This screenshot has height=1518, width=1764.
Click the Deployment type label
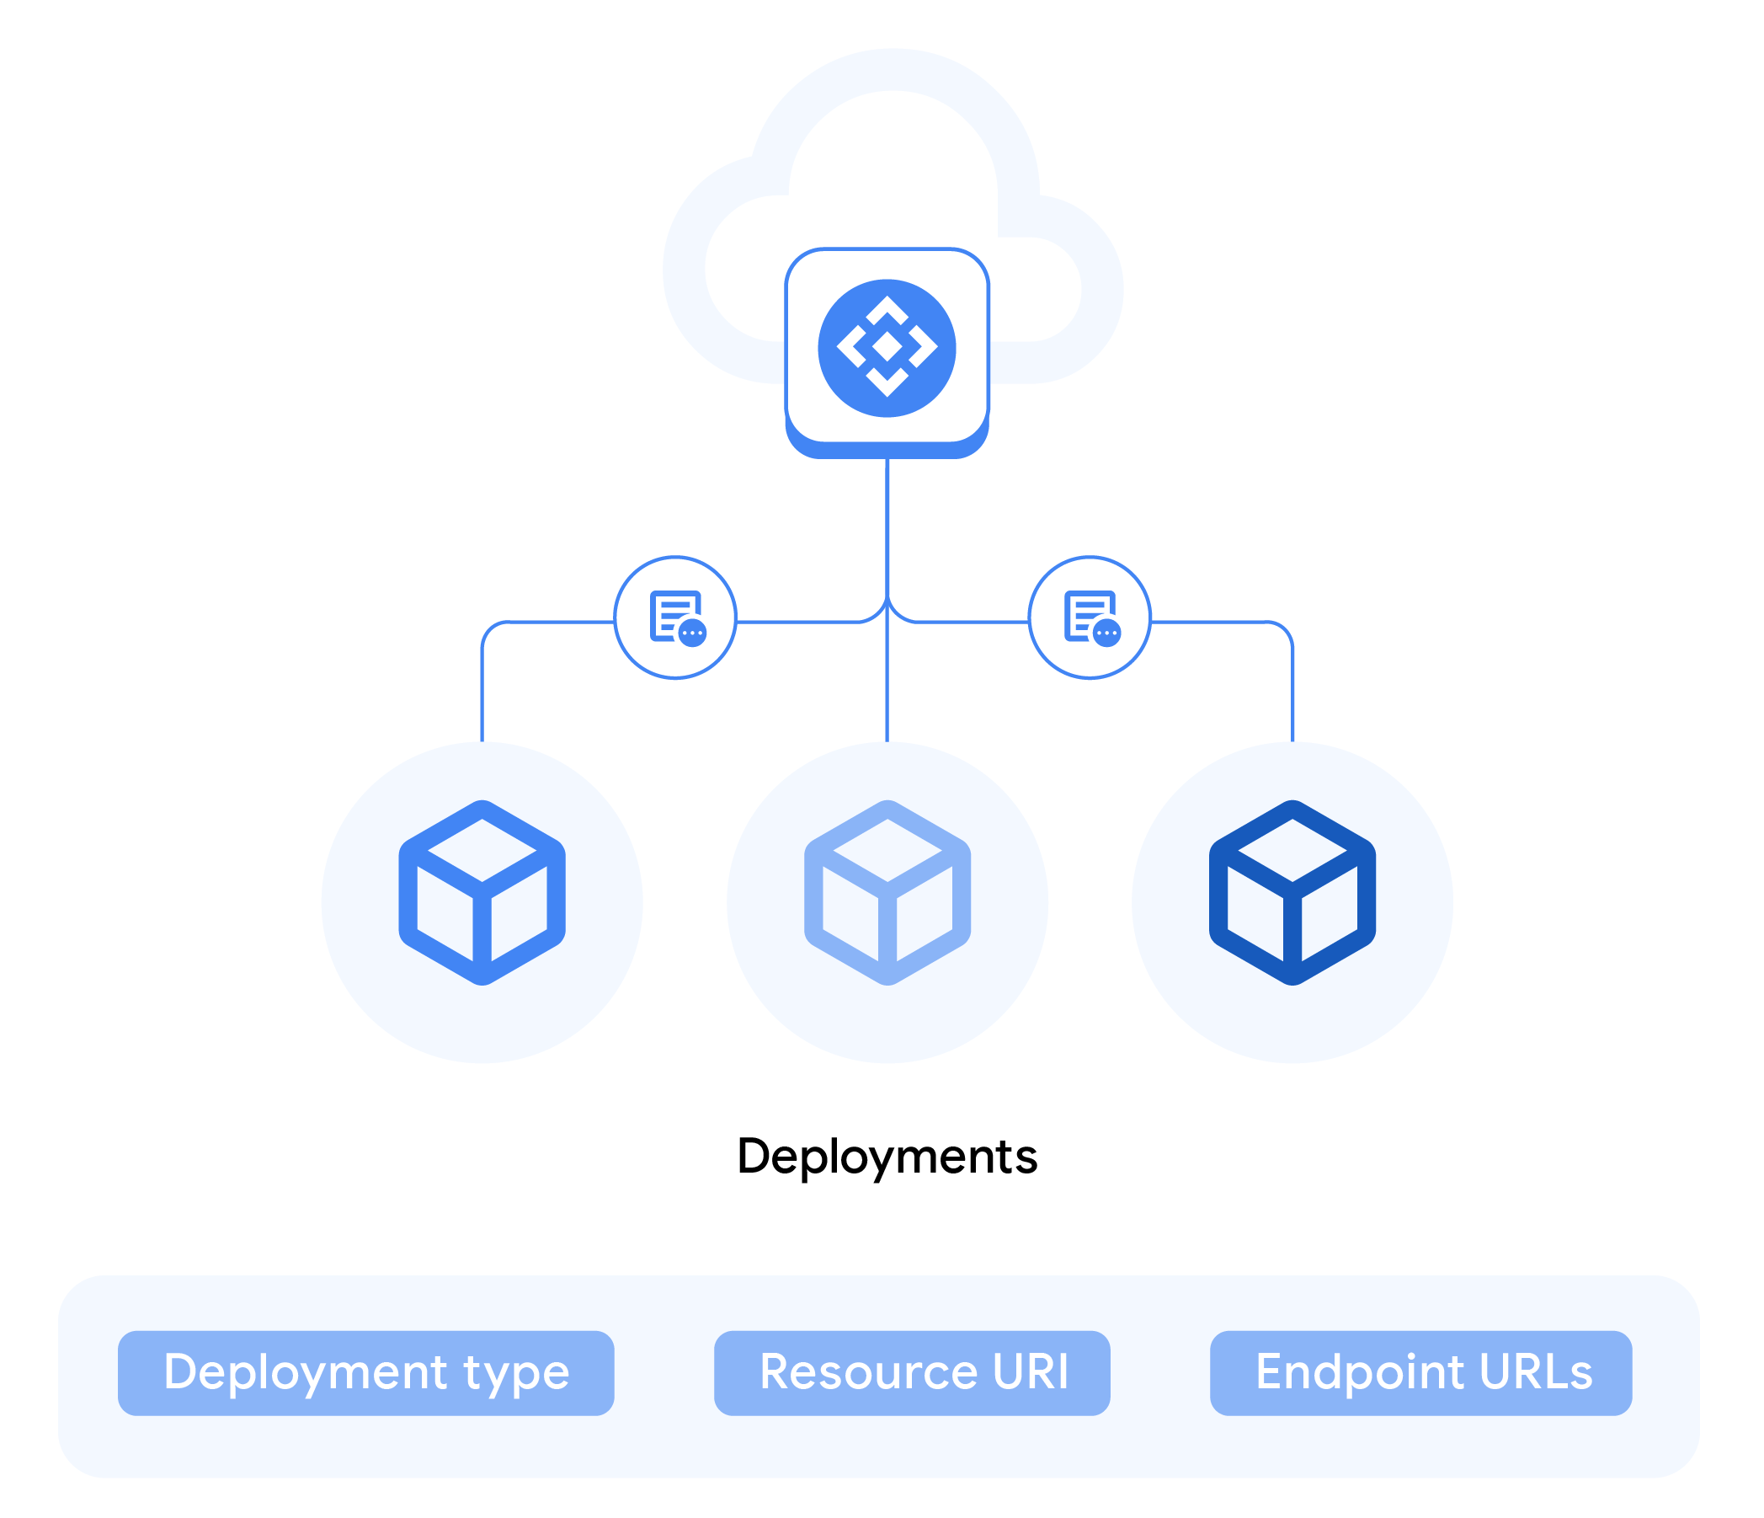[x=365, y=1372]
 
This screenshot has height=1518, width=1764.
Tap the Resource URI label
[x=912, y=1372]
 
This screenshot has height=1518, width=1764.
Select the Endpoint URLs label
[x=1420, y=1372]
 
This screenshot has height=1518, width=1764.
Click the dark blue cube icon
[x=1292, y=892]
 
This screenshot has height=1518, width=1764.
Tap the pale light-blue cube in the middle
[x=887, y=892]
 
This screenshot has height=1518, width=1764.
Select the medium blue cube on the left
[x=482, y=892]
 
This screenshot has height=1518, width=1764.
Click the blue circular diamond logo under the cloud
[x=887, y=348]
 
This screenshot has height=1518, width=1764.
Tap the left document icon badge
[x=675, y=617]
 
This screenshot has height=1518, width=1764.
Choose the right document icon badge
[x=1089, y=617]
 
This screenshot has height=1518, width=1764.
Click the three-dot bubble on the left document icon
[x=692, y=633]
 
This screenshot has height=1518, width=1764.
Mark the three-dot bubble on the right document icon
[x=1106, y=633]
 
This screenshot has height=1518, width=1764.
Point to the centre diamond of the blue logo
[x=887, y=346]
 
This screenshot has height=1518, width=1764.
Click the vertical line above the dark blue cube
[x=1292, y=698]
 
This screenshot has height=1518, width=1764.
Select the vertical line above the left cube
[x=482, y=698]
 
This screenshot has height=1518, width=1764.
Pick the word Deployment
[x=305, y=1372]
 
